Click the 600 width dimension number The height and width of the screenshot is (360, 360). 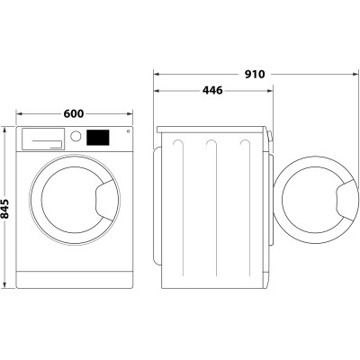(74, 113)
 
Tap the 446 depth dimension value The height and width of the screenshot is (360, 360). (212, 90)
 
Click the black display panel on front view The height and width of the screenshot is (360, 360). (98, 138)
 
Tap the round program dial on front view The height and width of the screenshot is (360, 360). (76, 138)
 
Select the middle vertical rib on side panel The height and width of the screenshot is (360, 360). (211, 207)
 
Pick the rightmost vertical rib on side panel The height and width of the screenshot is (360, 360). (244, 207)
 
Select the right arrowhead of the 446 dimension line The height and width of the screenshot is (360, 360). (269, 90)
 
